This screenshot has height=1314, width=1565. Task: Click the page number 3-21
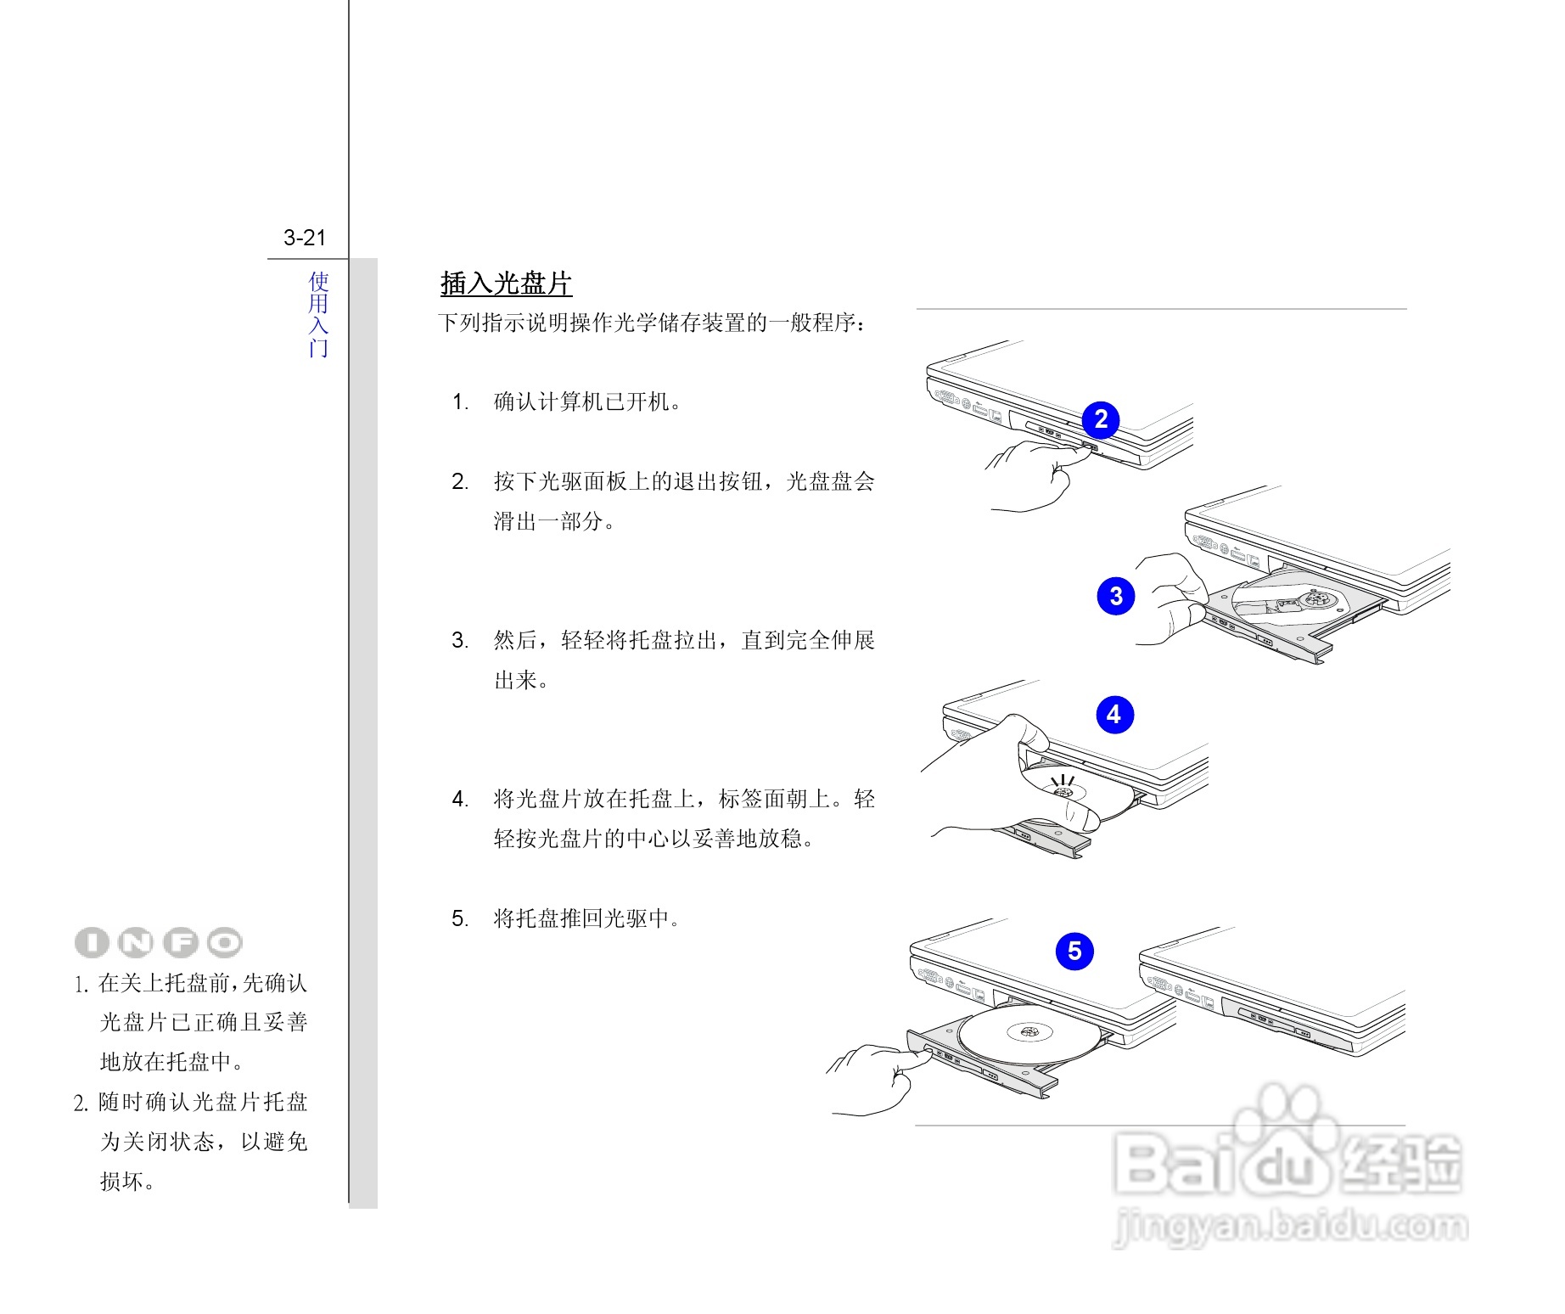pos(305,238)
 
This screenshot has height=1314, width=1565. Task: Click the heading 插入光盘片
pos(507,284)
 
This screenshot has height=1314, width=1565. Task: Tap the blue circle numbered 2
pos(1101,419)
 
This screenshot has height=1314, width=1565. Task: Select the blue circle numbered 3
pos(1116,596)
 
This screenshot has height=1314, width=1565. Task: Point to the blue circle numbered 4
pos(1114,715)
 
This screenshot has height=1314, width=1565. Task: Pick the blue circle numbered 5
pos(1074,951)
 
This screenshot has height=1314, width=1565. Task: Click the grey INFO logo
pos(159,942)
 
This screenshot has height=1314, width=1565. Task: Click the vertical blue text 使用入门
pos(318,314)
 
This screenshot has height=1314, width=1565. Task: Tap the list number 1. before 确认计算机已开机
pos(460,402)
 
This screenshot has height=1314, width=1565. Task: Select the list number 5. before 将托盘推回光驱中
pos(460,918)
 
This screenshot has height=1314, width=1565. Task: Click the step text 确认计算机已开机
pos(587,402)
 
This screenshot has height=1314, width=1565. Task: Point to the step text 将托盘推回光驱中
pos(587,918)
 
